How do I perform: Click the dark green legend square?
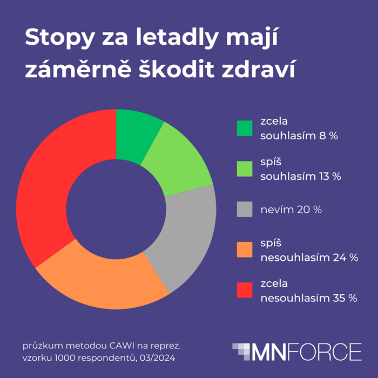click(245, 129)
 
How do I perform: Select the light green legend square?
click(245, 169)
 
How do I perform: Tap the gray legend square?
click(245, 210)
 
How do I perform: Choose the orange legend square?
click(245, 250)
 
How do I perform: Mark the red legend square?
click(245, 291)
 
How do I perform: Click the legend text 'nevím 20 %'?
click(291, 210)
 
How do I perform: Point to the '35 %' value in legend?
click(345, 298)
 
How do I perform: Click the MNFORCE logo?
click(296, 352)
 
